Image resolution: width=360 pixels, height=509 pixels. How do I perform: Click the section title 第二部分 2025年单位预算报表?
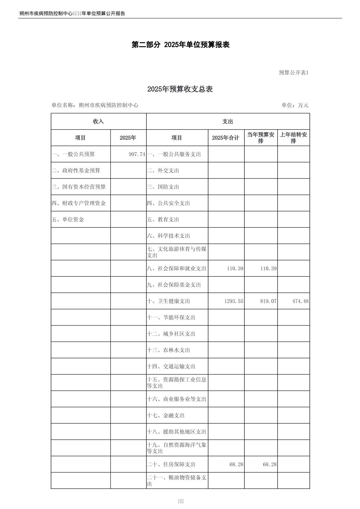[x=180, y=45]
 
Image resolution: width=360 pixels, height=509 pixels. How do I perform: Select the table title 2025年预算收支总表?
[x=180, y=89]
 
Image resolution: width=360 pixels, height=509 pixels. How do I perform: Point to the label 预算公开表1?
[x=294, y=73]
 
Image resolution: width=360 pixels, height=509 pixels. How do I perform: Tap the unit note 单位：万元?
[x=295, y=105]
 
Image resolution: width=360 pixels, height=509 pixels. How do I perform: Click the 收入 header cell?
[x=99, y=122]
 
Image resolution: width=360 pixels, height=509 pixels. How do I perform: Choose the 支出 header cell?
[x=228, y=122]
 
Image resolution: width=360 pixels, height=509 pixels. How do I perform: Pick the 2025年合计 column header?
[x=226, y=138]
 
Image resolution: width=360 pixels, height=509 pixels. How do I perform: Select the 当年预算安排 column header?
[x=261, y=138]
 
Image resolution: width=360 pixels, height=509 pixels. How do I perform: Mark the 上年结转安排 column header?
[x=293, y=138]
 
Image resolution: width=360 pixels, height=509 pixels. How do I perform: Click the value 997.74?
[x=137, y=154]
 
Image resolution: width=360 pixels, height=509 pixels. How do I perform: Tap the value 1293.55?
[x=234, y=301]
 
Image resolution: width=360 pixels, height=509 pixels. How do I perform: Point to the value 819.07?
[x=268, y=301]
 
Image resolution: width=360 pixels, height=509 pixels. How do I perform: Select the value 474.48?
[x=300, y=301]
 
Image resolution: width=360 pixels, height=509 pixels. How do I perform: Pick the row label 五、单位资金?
[x=68, y=220]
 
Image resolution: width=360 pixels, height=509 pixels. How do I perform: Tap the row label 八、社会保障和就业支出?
[x=177, y=269]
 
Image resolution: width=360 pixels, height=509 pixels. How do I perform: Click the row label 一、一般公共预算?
[x=73, y=154]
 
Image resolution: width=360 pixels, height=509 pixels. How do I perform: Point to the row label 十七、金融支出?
[x=166, y=416]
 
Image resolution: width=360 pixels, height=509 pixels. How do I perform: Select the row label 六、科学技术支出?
[x=169, y=236]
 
